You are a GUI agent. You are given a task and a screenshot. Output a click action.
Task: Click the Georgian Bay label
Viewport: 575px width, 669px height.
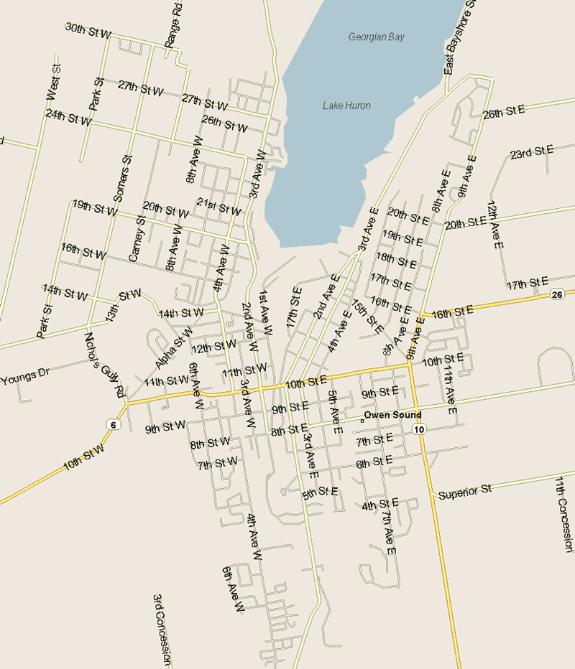tap(377, 37)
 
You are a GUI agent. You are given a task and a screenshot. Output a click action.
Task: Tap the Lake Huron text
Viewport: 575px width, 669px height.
tap(346, 106)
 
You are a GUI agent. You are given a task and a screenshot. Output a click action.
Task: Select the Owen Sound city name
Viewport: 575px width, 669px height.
tap(392, 416)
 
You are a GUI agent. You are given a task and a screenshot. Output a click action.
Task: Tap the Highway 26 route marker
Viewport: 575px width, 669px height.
tap(557, 294)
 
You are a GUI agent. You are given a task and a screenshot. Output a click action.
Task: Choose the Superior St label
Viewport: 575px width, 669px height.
tap(464, 492)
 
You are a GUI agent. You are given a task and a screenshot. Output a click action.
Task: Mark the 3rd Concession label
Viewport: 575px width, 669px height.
tap(162, 630)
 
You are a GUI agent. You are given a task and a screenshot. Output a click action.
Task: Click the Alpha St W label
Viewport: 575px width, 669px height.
tap(173, 347)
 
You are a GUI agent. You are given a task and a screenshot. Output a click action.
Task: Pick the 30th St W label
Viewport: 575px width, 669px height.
tap(88, 30)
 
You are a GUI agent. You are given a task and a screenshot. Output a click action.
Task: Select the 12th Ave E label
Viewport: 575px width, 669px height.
tap(494, 225)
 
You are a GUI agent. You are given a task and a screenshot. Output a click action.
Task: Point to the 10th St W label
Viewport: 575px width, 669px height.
tap(83, 456)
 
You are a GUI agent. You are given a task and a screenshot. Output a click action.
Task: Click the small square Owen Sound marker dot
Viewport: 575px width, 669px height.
tap(361, 419)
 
